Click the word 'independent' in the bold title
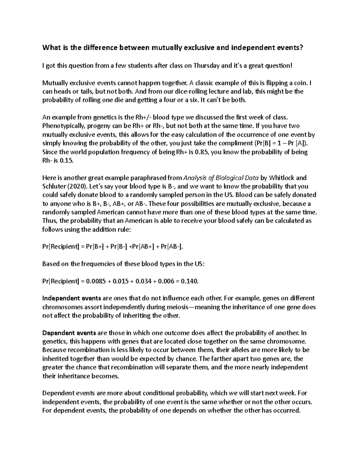coord(253,48)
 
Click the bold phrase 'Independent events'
coord(72,299)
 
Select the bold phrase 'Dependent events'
coord(69,333)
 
